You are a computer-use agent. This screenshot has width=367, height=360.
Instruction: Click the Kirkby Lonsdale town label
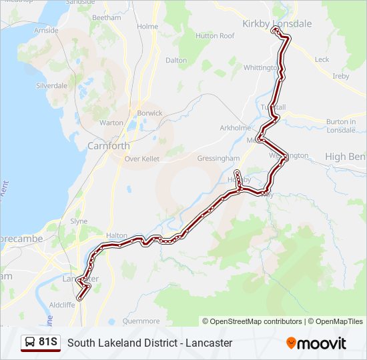pyautogui.click(x=277, y=23)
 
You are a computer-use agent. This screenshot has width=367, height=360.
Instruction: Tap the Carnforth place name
pyautogui.click(x=109, y=145)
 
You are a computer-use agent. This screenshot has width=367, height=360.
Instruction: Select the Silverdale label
pyautogui.click(x=51, y=86)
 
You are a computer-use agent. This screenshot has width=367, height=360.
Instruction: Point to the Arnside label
pyautogui.click(x=47, y=31)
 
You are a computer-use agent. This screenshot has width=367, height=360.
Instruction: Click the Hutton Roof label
pyautogui.click(x=216, y=36)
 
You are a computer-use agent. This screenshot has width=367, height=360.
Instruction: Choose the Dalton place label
pyautogui.click(x=176, y=60)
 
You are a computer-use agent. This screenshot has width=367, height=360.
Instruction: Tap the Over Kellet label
pyautogui.click(x=141, y=159)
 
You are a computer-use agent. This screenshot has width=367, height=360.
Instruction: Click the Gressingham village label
pyautogui.click(x=218, y=159)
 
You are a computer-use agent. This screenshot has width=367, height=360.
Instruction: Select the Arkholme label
pyautogui.click(x=236, y=128)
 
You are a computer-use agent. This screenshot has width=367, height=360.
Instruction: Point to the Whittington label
pyautogui.click(x=261, y=68)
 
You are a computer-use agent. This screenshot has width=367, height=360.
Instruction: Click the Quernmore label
pyautogui.click(x=141, y=321)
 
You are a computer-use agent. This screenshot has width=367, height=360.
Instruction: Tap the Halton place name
pyautogui.click(x=116, y=236)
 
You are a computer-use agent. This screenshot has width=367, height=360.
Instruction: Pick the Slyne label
pyautogui.click(x=79, y=221)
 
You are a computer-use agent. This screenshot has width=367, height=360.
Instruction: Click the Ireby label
pyautogui.click(x=341, y=77)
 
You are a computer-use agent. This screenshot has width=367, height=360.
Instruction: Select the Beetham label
pyautogui.click(x=107, y=17)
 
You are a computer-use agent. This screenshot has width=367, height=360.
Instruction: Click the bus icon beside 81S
pyautogui.click(x=30, y=343)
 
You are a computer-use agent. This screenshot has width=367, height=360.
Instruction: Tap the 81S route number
pyautogui.click(x=48, y=343)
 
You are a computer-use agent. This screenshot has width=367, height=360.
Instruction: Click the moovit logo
pyautogui.click(x=316, y=343)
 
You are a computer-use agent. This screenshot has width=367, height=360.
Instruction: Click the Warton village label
pyautogui.click(x=111, y=123)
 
